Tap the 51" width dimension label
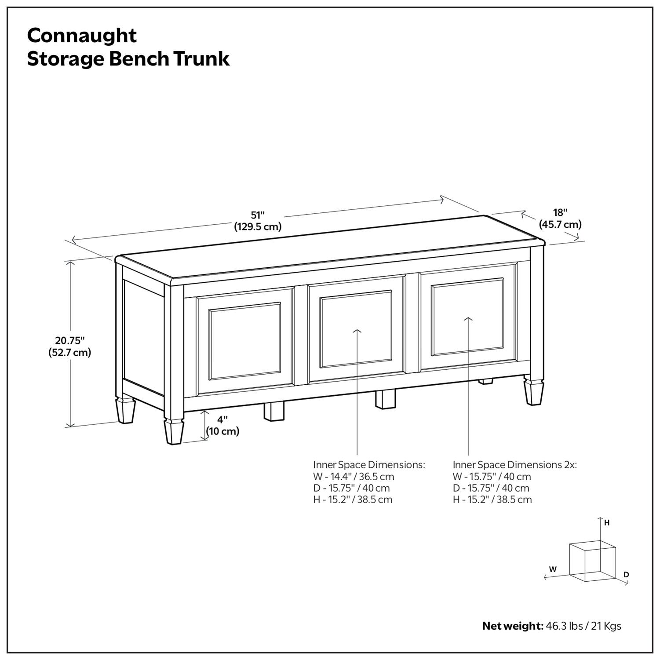tap(258, 215)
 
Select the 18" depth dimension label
tap(560, 213)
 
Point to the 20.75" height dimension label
tap(69, 340)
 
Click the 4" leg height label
tap(222, 420)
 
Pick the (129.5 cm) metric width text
tap(258, 227)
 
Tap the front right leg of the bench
tap(534, 392)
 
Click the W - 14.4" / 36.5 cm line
tap(354, 477)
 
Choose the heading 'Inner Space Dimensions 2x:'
tap(514, 465)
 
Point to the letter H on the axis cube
tap(607, 523)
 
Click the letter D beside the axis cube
tap(627, 575)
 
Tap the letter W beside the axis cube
tap(553, 569)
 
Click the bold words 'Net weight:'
tap(513, 626)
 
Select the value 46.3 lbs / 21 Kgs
tap(583, 626)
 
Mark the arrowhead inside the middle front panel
tap(357, 331)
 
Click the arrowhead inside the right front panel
tap(468, 319)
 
